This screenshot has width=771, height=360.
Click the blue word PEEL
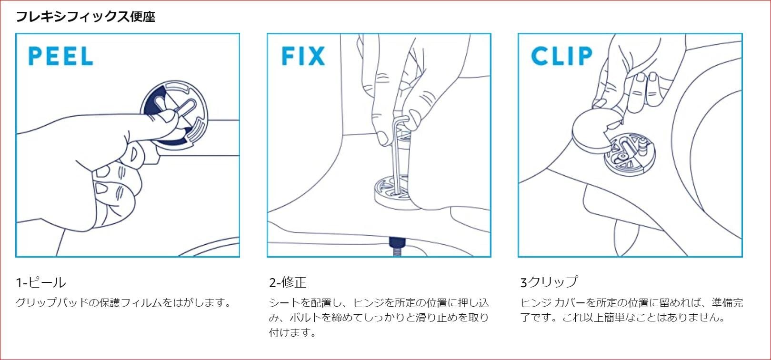[60, 56]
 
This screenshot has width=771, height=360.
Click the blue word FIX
[303, 56]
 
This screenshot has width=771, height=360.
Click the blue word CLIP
[561, 56]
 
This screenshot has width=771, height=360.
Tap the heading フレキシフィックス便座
[86, 17]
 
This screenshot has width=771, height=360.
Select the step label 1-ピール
[41, 282]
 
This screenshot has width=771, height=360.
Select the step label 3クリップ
[549, 282]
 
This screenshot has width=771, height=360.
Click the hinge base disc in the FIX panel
[391, 193]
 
